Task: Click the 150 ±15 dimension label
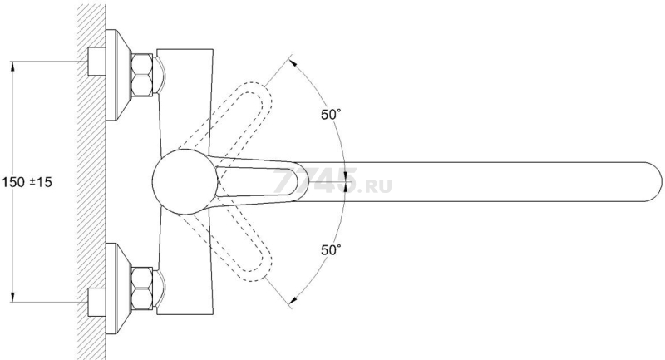point(27,182)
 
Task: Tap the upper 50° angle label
point(331,115)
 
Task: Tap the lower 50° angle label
point(331,250)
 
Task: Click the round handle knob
point(185,181)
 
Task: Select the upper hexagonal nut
point(142,75)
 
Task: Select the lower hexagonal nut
point(142,289)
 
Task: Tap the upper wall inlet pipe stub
point(96,62)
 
